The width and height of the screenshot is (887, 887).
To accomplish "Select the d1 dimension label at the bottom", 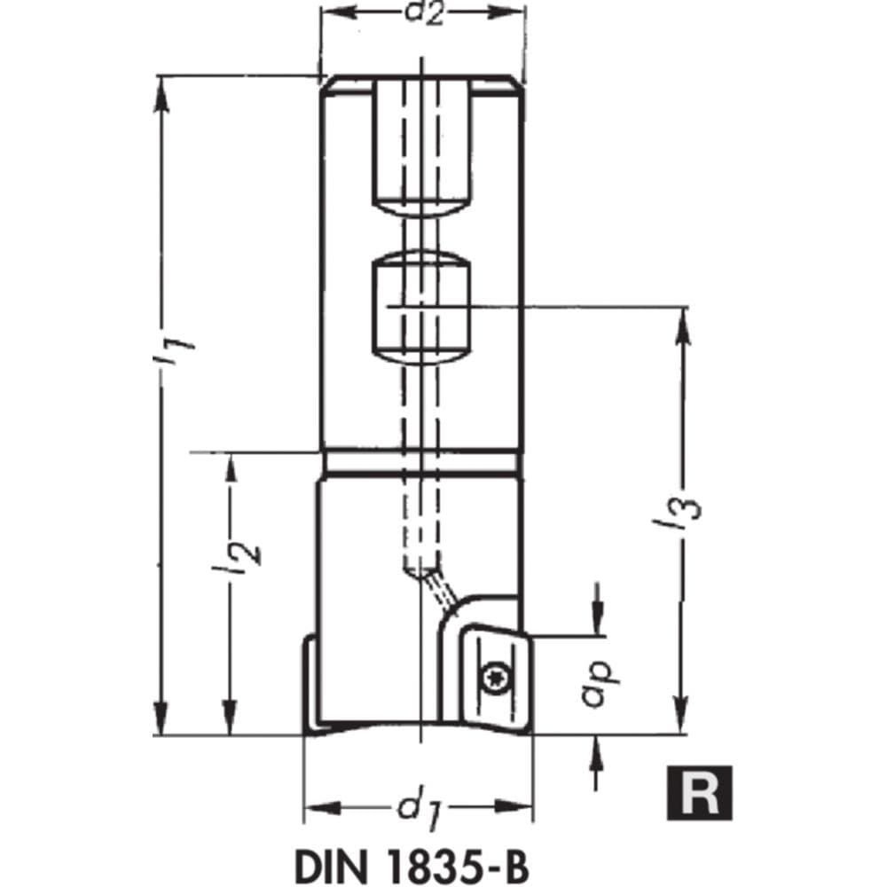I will point(420,809).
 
